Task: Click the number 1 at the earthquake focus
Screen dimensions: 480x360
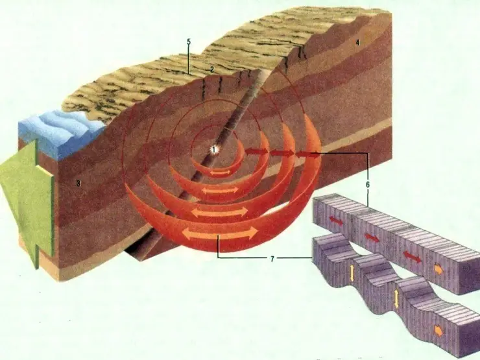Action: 214,150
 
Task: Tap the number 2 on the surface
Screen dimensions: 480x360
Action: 212,70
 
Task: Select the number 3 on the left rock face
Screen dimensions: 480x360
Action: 78,184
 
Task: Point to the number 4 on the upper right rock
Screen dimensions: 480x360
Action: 357,43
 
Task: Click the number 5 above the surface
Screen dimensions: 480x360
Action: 189,42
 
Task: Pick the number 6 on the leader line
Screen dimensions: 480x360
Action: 368,185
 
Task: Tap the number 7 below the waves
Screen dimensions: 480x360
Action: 272,259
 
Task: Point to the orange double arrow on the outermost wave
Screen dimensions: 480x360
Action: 220,234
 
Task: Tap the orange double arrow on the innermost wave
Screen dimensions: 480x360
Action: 219,173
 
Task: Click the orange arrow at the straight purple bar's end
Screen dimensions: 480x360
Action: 438,269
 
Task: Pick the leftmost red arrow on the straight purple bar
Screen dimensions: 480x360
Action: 336,221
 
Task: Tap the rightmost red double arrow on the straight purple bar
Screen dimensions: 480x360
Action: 412,256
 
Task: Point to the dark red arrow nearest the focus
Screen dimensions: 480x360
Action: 256,151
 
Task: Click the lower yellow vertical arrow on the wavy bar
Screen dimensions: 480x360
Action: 396,299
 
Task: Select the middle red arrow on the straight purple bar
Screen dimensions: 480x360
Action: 372,237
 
